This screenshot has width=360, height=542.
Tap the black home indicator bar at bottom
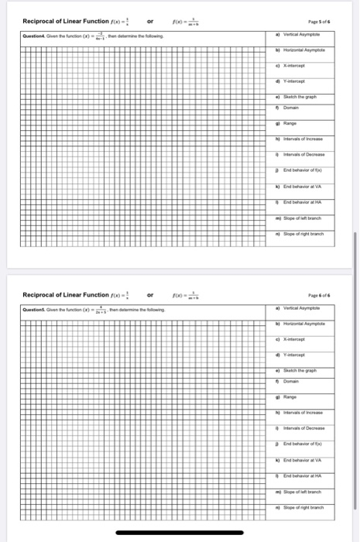[x=180, y=533]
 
